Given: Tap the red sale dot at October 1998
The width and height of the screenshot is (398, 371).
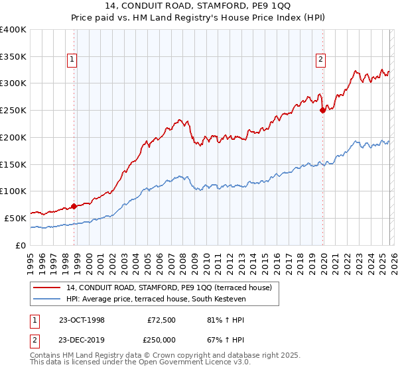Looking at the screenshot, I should click(74, 206).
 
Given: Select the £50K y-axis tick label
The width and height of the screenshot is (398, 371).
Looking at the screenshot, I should click(15, 218).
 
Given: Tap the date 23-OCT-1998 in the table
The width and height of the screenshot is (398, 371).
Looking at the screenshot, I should click(82, 319).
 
